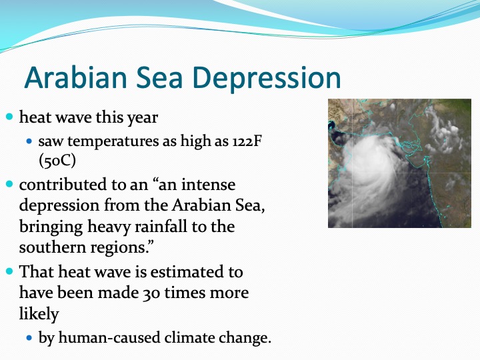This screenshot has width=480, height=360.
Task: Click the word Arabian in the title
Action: click(75, 77)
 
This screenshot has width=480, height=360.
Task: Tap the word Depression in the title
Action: click(267, 79)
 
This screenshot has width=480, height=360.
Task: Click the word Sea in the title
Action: click(159, 77)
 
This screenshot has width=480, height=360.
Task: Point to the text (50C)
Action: click(57, 160)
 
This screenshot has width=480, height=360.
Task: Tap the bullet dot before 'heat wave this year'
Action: click(10, 117)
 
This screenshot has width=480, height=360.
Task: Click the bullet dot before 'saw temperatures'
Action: click(29, 141)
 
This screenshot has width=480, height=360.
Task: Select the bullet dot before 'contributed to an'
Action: click(10, 184)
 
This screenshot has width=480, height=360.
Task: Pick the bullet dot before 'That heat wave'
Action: click(10, 271)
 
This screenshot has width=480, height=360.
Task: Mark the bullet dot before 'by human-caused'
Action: click(29, 338)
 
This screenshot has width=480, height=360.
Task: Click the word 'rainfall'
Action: click(161, 227)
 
